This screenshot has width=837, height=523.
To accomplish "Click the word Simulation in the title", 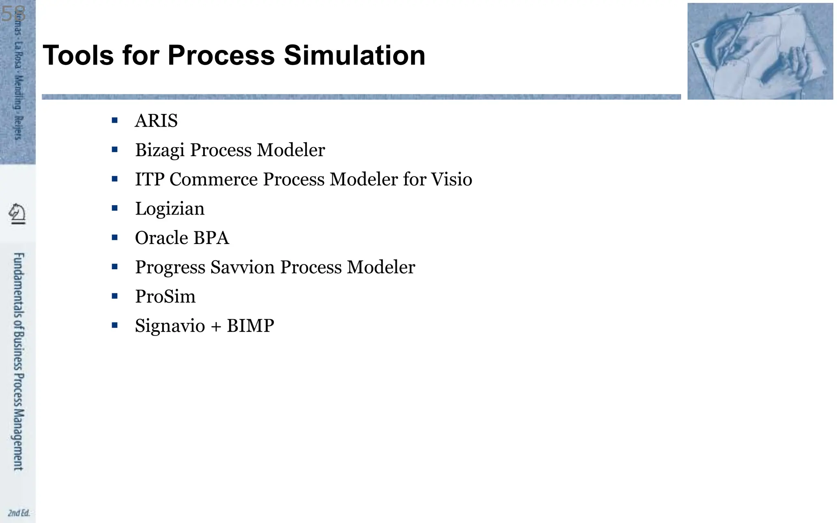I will (354, 55).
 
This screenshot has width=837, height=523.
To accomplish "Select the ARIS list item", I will (156, 121).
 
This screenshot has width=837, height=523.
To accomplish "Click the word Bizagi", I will (160, 150).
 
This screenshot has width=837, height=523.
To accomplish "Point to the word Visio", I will (452, 179).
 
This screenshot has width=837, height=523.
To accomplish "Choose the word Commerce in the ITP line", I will (213, 179).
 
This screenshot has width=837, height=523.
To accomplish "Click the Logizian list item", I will (170, 209).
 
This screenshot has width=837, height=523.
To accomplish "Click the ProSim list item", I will (165, 297).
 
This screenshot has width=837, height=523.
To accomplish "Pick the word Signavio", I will (170, 326).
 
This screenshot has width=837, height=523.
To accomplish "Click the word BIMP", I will (250, 326).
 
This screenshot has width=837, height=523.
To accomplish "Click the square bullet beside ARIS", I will (114, 120).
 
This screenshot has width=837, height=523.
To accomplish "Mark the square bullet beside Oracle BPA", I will (114, 237).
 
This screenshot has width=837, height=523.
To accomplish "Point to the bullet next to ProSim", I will (114, 296).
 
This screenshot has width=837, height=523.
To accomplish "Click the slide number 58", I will (13, 14).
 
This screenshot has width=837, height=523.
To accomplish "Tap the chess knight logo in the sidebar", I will (17, 214).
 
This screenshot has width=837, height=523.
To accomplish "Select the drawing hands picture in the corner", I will (760, 51).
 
